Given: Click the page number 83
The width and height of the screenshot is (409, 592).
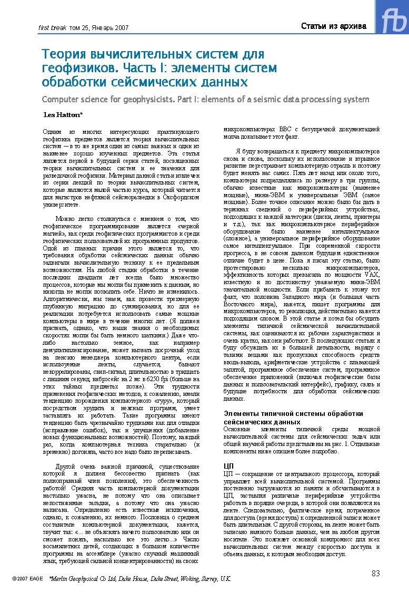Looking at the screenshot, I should pos(376,574).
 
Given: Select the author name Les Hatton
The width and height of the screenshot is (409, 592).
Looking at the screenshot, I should pos(62,114).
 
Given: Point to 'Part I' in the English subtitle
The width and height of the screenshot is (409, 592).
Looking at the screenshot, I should pos(251,99).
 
